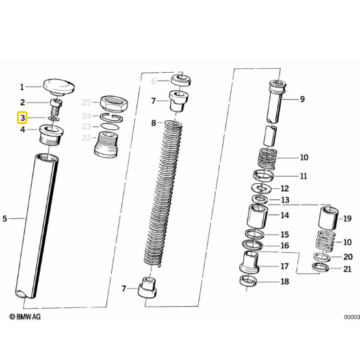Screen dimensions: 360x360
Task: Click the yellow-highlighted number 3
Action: [x=22, y=118]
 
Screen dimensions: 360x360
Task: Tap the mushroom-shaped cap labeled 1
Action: [x=58, y=87]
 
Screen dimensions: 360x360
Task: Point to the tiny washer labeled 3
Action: [x=54, y=118]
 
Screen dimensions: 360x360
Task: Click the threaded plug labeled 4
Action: [x=51, y=135]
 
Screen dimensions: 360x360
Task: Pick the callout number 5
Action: [x=5, y=218]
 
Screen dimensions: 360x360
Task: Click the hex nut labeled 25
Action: [x=114, y=103]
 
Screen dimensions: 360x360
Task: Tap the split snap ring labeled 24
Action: [x=111, y=118]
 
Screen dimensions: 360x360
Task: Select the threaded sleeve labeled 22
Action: [x=106, y=144]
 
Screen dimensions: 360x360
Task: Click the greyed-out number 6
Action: [x=153, y=81]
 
